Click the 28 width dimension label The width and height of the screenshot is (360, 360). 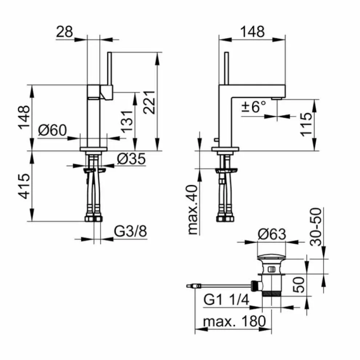click(x=64, y=32)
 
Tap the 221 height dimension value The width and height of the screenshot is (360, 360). click(x=149, y=103)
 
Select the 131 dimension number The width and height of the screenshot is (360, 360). click(x=127, y=121)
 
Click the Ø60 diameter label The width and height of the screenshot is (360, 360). click(x=52, y=130)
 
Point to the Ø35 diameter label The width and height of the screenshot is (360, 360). click(x=131, y=159)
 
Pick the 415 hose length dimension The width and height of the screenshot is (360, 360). click(x=24, y=186)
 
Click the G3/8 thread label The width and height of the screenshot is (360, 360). click(x=131, y=231)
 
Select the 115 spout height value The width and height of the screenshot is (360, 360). click(x=307, y=124)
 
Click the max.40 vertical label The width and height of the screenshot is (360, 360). click(x=193, y=209)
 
